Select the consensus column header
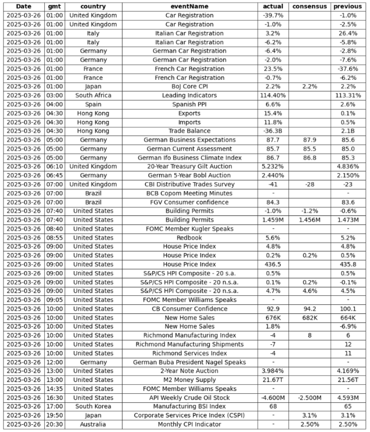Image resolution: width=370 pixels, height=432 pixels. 310,6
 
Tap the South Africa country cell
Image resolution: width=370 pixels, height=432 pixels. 92,96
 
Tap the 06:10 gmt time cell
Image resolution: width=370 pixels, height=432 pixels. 54,166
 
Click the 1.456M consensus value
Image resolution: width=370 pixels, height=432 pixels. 310,220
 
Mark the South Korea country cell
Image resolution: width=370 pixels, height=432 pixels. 92,407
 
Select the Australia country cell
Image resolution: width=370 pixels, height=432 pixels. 92,424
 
